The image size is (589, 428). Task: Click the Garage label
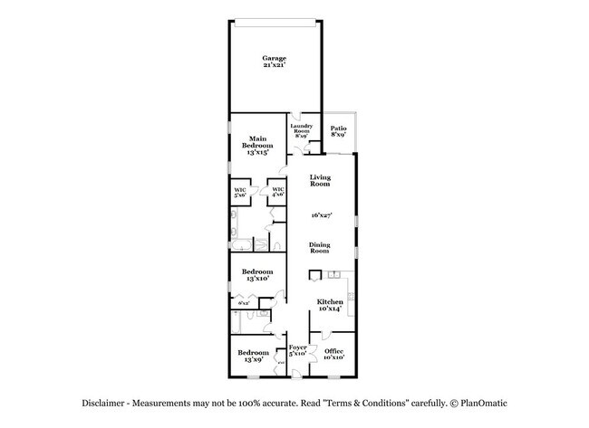[274, 62]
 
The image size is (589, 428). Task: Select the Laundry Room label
[301, 130]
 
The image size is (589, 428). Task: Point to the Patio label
[339, 131]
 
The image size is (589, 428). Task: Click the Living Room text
[319, 180]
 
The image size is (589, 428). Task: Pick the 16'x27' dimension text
[319, 215]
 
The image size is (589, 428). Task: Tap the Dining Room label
[319, 246]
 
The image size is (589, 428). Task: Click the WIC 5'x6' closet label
[240, 192]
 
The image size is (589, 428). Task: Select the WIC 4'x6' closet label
[278, 192]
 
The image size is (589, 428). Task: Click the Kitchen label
[329, 304]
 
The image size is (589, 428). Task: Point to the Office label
[333, 354]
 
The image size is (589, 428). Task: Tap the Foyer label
[297, 350]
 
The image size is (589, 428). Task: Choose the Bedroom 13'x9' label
[253, 356]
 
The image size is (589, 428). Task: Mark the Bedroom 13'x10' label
[256, 274]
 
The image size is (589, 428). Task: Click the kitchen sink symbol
[333, 274]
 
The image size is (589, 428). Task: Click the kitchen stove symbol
[351, 296]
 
